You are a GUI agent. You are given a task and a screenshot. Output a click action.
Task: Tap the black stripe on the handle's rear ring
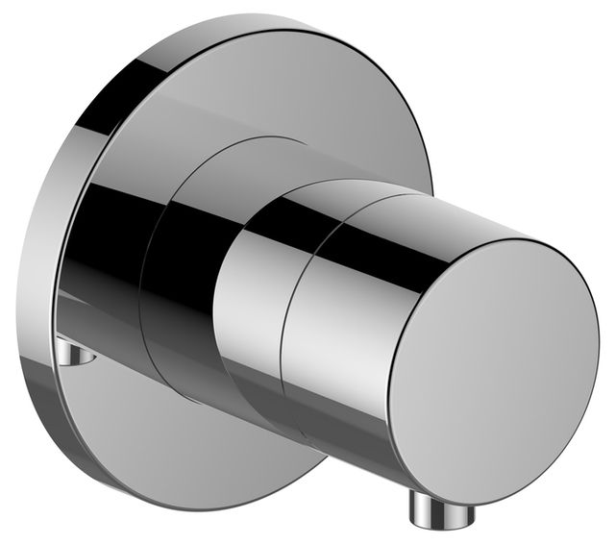259,231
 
